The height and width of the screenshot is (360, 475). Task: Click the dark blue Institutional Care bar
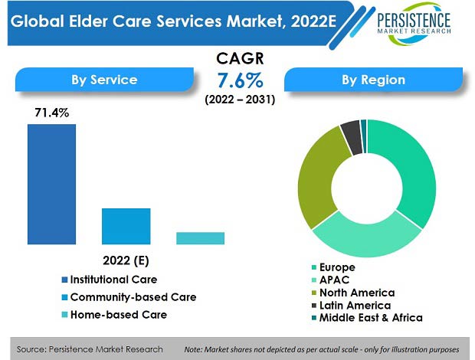click(x=51, y=184)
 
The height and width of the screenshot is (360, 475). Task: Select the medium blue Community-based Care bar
click(x=126, y=226)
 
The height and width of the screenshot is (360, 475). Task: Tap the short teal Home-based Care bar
click(x=200, y=238)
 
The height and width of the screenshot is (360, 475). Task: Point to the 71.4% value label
click(x=52, y=113)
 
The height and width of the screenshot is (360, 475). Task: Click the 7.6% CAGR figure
click(x=240, y=80)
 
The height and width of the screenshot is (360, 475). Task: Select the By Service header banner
click(x=104, y=80)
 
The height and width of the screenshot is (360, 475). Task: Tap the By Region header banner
click(x=373, y=80)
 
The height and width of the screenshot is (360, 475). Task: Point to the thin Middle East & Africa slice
click(x=364, y=136)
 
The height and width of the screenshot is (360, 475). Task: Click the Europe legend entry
click(x=333, y=267)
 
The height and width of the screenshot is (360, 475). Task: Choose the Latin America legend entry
click(x=352, y=305)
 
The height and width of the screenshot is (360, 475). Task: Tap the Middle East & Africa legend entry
click(x=367, y=318)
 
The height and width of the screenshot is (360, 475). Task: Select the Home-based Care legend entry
click(x=114, y=315)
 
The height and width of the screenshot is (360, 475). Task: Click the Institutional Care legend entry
click(x=110, y=280)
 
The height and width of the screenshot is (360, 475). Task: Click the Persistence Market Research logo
click(x=414, y=23)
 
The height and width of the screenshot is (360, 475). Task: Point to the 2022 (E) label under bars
click(x=126, y=260)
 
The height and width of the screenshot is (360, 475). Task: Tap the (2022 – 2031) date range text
click(x=240, y=100)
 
